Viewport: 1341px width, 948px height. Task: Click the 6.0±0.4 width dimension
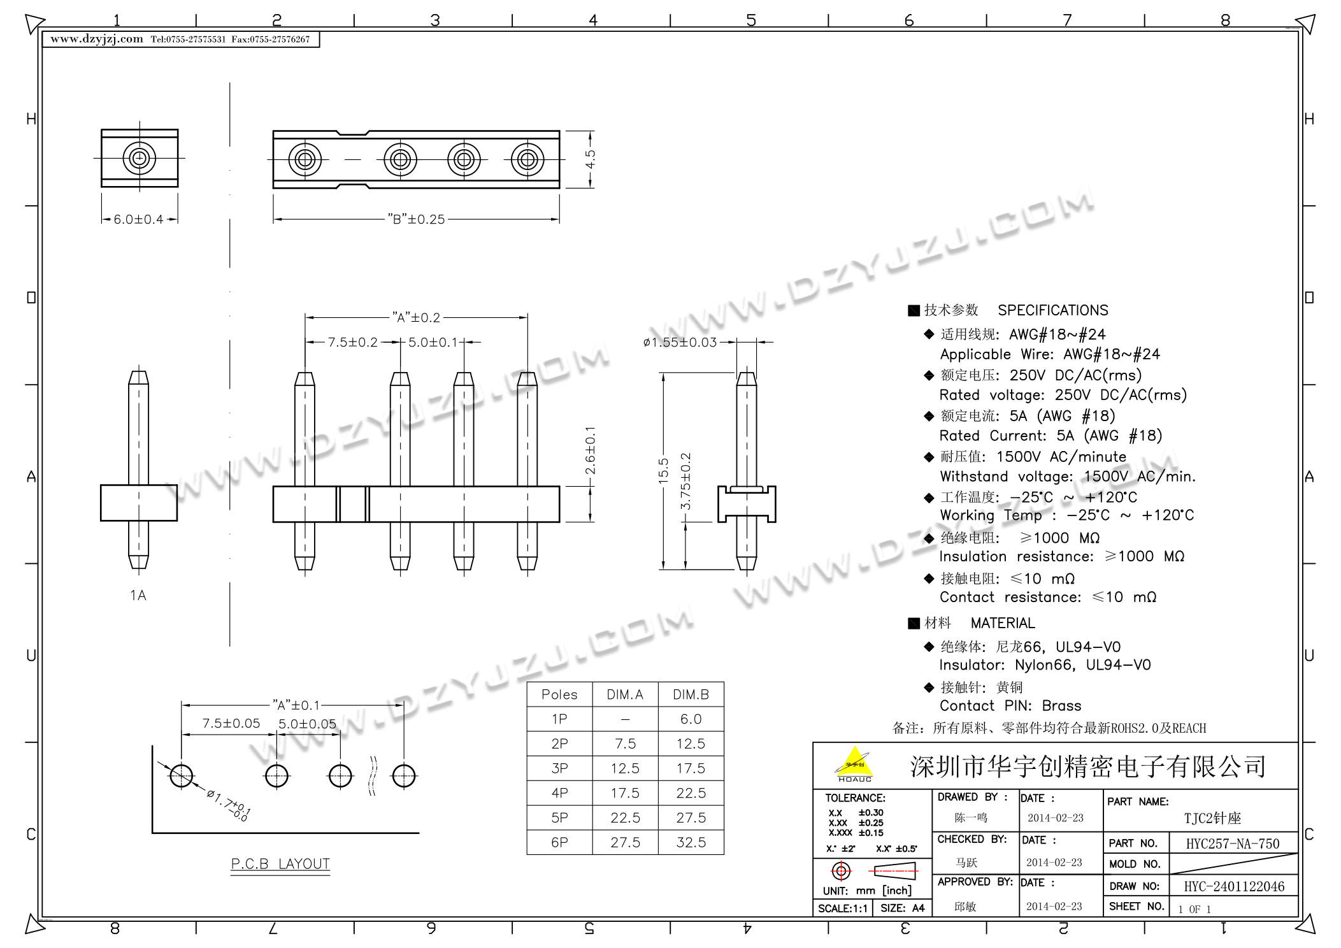tap(138, 219)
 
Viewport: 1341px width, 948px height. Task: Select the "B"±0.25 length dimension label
tap(416, 219)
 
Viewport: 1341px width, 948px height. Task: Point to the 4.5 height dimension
tap(591, 159)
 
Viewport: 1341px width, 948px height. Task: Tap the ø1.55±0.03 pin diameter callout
tap(680, 342)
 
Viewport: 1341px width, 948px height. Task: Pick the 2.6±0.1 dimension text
tap(591, 450)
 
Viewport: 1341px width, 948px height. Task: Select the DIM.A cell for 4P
tap(625, 793)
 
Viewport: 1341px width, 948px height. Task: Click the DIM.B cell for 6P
tap(691, 842)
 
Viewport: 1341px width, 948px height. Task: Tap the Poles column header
tap(559, 694)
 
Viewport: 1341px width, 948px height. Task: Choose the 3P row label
tap(559, 768)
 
